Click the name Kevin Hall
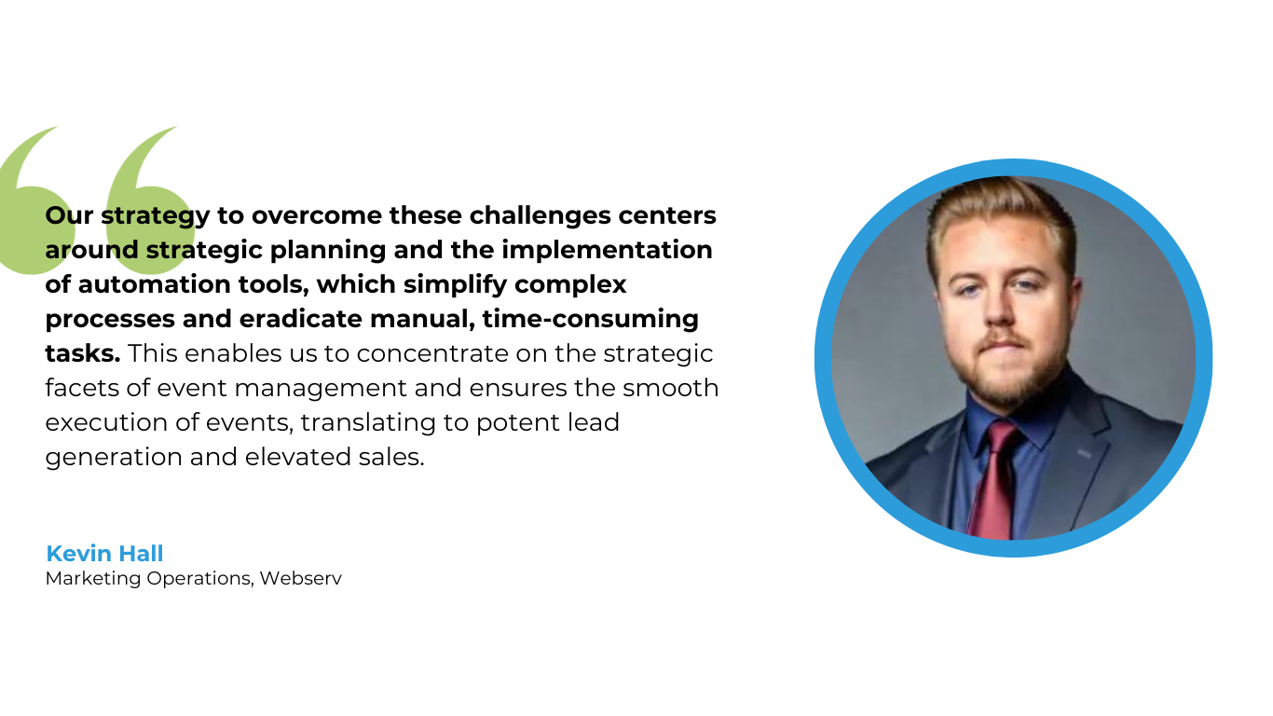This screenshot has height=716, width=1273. [x=104, y=554]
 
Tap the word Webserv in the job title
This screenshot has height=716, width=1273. [x=301, y=578]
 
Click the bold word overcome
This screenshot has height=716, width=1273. [x=317, y=215]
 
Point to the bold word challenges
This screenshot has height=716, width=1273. [x=540, y=216]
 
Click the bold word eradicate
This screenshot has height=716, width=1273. [x=301, y=319]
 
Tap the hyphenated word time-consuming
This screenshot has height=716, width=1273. [x=591, y=320]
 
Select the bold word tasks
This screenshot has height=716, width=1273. [x=82, y=353]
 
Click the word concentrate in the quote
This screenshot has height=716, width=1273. [x=435, y=353]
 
